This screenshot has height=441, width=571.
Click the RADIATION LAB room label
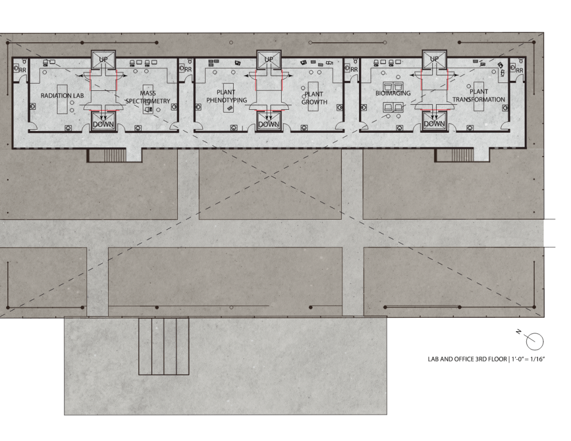click(x=62, y=96)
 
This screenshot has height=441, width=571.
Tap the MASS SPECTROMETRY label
click(x=148, y=97)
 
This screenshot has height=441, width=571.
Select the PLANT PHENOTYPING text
click(x=226, y=96)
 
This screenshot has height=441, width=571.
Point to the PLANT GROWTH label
click(x=314, y=98)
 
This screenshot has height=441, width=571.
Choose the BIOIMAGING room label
click(x=393, y=93)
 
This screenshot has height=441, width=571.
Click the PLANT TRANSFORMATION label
click(x=479, y=95)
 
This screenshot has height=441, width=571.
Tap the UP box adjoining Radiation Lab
click(x=103, y=60)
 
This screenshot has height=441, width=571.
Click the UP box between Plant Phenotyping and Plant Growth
click(x=269, y=60)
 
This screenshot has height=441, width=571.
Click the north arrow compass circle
click(x=535, y=342)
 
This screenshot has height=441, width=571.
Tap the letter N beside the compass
click(x=519, y=332)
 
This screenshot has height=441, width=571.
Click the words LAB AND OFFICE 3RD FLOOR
click(x=467, y=360)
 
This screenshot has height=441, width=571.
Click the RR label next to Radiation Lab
click(x=22, y=70)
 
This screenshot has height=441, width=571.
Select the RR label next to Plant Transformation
click(x=519, y=70)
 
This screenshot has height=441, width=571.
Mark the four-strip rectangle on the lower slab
click(x=164, y=346)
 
